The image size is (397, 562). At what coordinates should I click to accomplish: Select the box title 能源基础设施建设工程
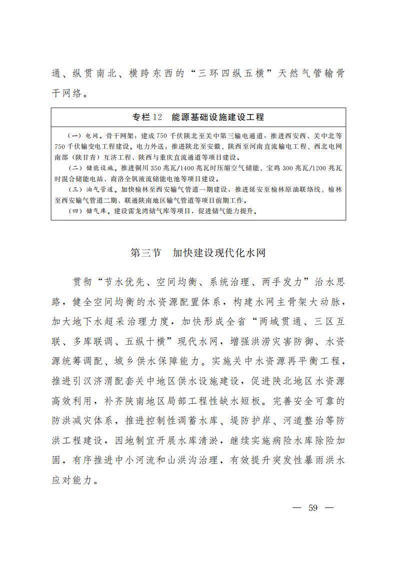pos(217,117)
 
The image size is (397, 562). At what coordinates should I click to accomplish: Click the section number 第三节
pos(145,253)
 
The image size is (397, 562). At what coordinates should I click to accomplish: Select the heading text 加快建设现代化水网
pos(219,253)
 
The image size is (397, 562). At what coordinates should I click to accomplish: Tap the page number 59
pos(313,507)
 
